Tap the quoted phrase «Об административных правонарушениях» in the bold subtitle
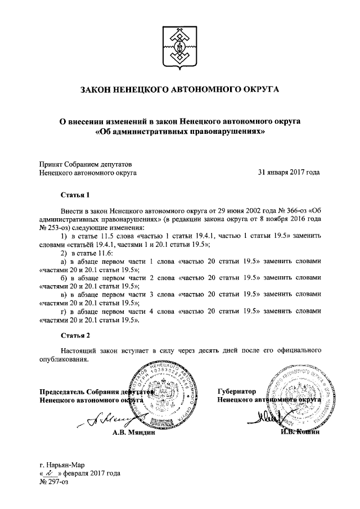tap(179, 130)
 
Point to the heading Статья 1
tap(75, 196)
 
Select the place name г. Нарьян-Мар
tap(64, 465)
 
